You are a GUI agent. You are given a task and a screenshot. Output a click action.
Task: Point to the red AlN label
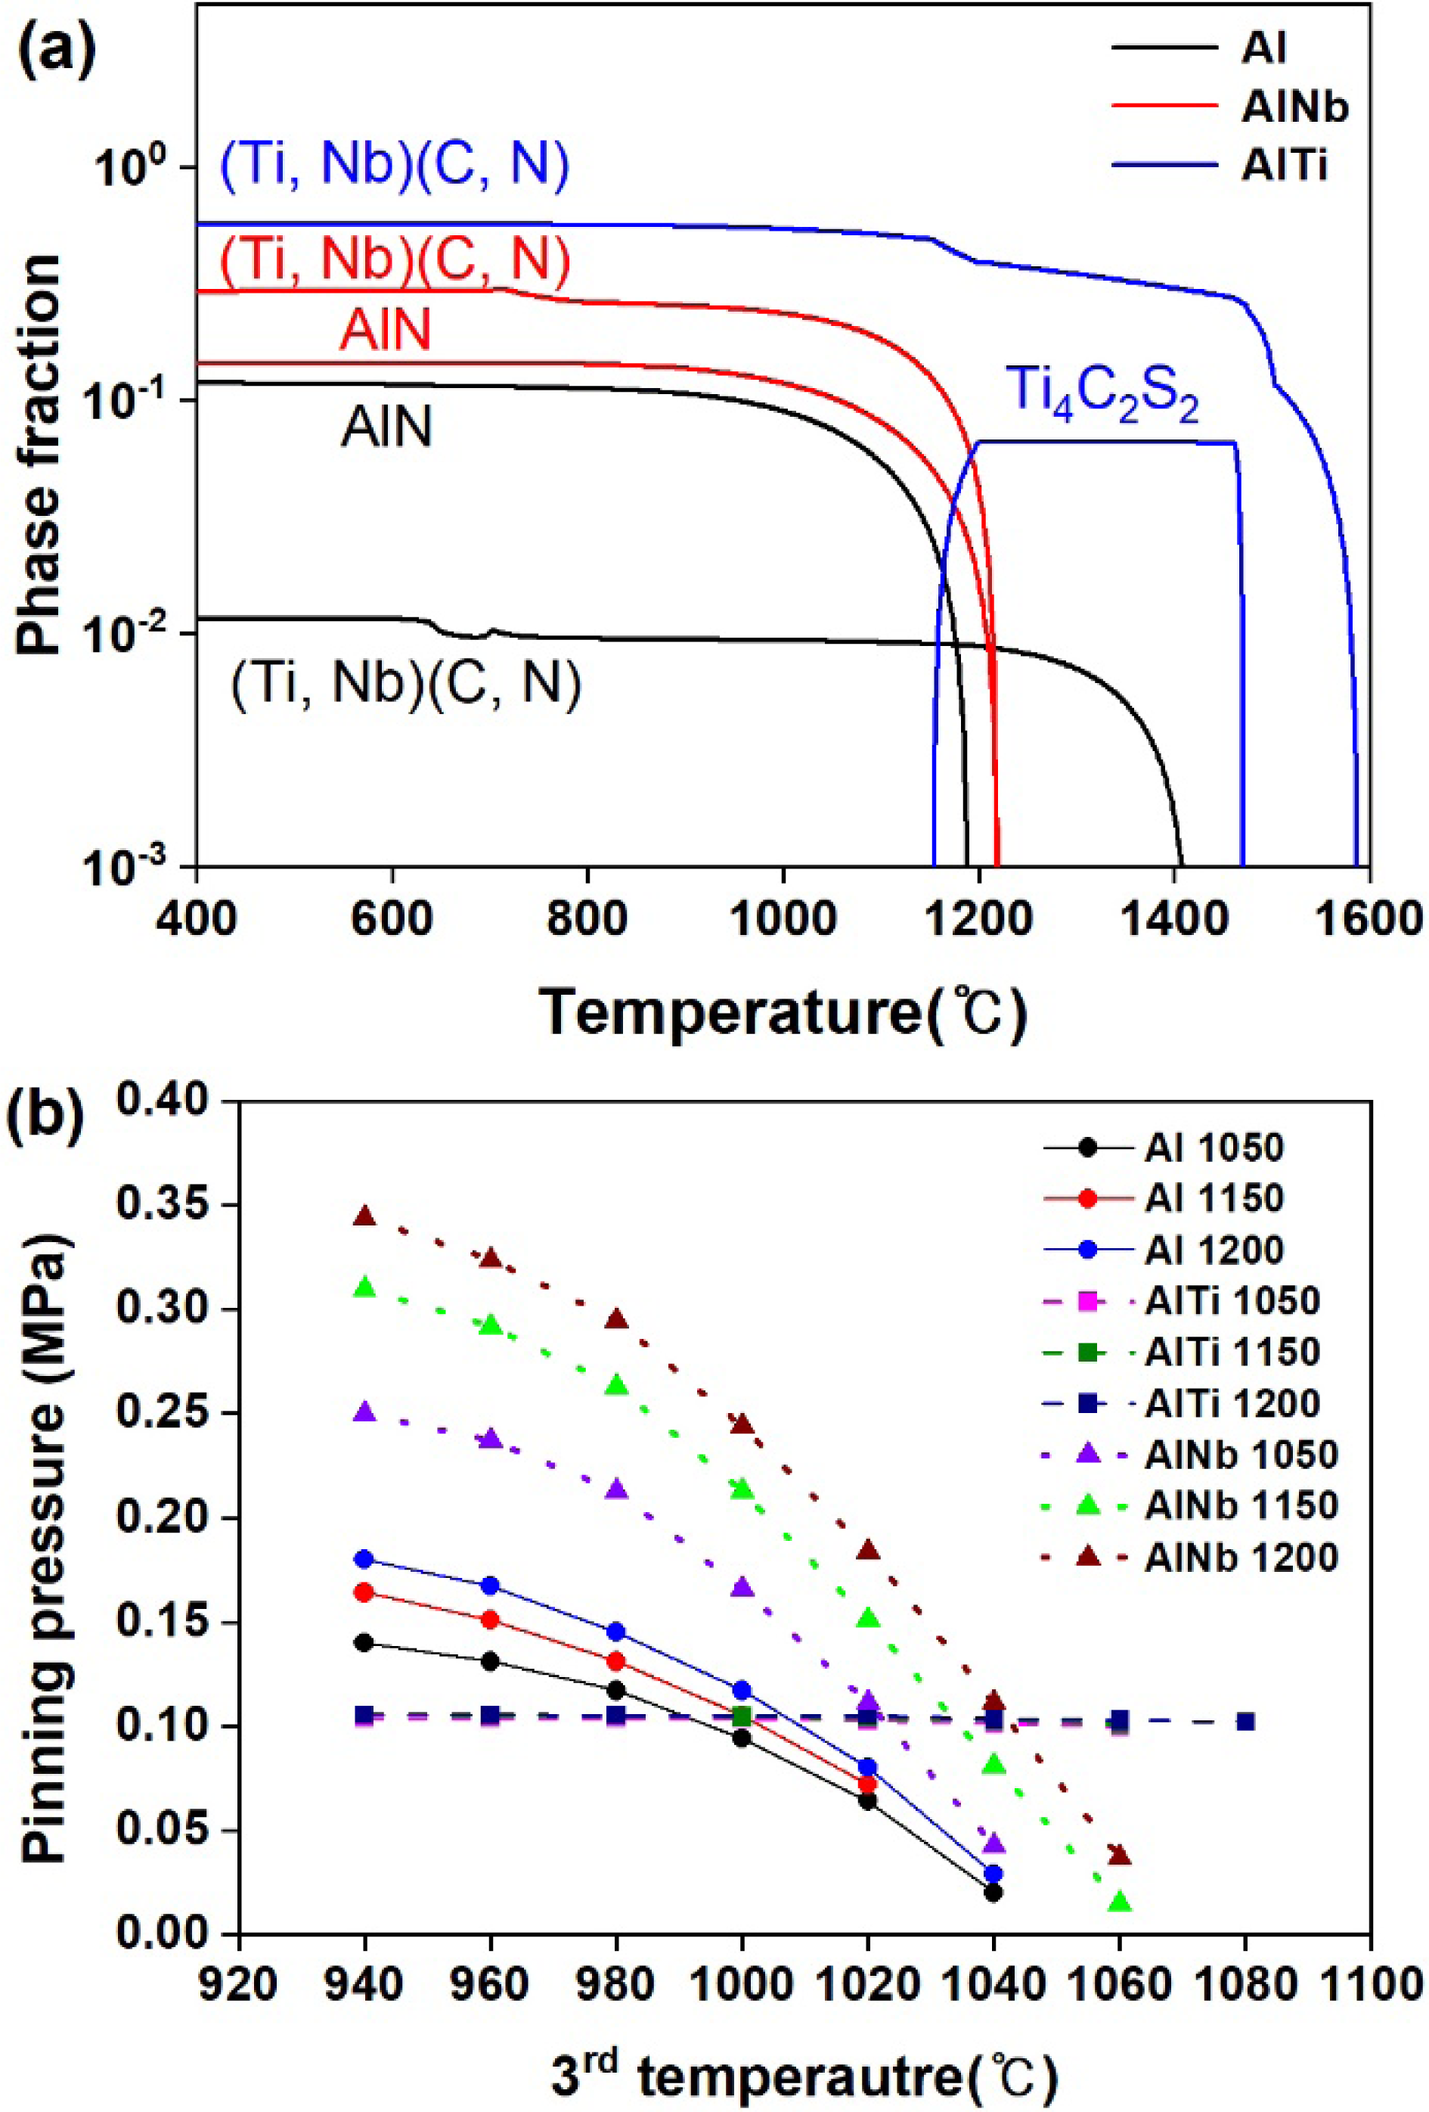point(385,329)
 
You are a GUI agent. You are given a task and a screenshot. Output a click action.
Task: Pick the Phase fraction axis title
point(40,455)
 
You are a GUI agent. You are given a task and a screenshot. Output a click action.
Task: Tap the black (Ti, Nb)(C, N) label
point(406,682)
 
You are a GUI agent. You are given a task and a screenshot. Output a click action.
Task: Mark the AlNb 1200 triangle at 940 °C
point(365,1216)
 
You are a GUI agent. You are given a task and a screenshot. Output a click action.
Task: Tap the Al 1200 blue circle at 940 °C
point(365,1560)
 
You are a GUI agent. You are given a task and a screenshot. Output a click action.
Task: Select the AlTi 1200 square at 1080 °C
point(1245,1721)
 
